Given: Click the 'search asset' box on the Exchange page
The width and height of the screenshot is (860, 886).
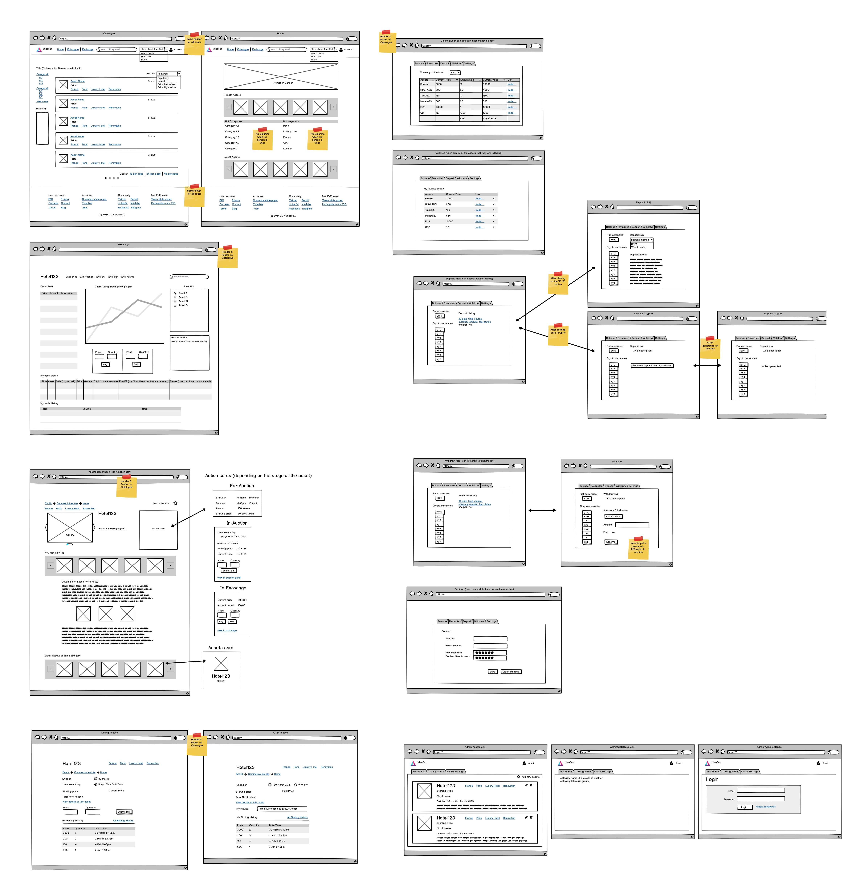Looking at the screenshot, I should point(190,277).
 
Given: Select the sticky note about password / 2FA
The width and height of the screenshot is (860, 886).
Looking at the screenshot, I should point(638,548).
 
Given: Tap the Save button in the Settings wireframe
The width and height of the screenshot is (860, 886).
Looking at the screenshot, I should point(492,672).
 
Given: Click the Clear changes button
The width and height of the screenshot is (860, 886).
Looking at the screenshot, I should point(511,672).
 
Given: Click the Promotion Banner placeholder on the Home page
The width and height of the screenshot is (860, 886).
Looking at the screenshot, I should point(281,77).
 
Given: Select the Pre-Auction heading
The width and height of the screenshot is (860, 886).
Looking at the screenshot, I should point(242,486).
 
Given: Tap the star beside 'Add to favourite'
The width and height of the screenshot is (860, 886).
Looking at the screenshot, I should point(175,504).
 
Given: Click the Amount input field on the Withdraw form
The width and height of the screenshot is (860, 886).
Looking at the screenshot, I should point(632,525).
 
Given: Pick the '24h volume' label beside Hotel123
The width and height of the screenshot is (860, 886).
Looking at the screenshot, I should point(128,277).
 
